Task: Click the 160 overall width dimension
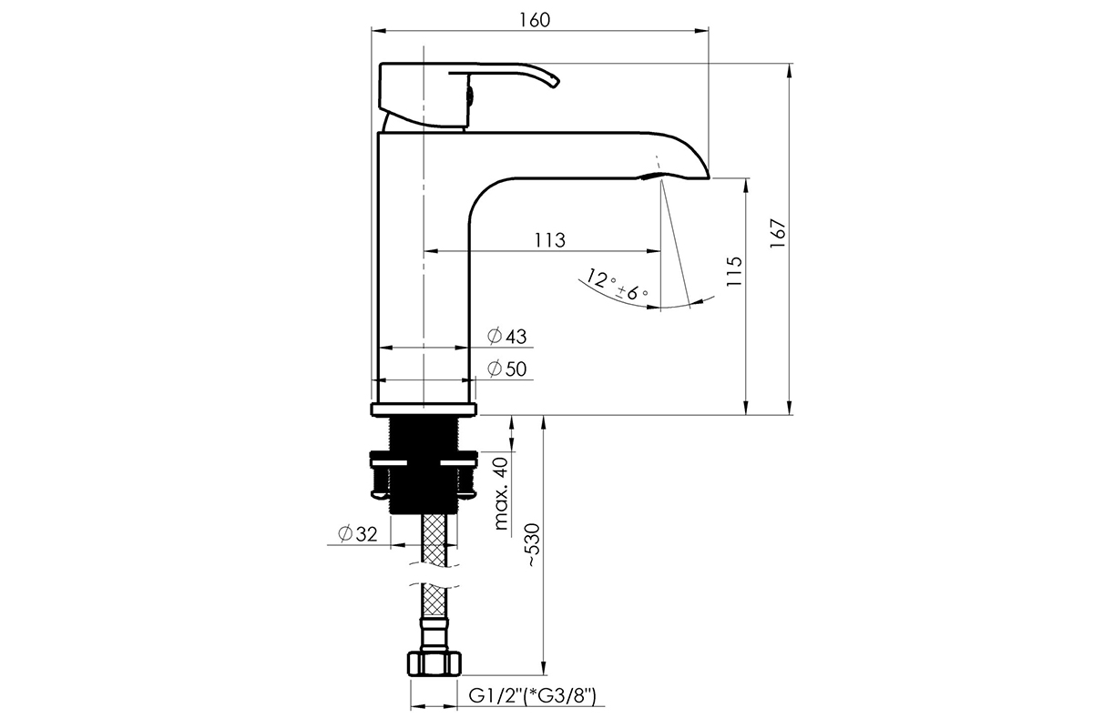pos(535,20)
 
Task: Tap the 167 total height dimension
pos(777,234)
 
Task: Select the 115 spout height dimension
pos(734,271)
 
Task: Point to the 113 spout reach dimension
pos(550,240)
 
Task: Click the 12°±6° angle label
pos(617,284)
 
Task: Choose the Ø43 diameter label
pos(507,337)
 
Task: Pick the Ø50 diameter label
pos(507,369)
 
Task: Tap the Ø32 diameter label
pos(358,534)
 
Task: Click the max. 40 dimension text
pos(501,493)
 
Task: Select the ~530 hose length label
pos(533,545)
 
